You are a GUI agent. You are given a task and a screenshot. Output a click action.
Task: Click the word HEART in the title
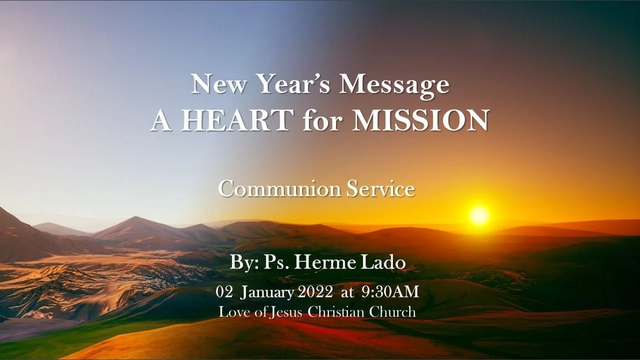(x=236, y=120)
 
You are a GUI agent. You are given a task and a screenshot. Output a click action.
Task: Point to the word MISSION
(x=420, y=120)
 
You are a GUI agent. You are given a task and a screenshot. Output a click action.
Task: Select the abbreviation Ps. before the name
(x=282, y=262)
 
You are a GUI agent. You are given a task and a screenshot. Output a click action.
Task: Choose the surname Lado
(x=385, y=262)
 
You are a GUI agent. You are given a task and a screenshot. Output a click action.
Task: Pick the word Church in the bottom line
(x=392, y=311)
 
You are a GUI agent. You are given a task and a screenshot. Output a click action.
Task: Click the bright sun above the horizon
(x=479, y=215)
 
